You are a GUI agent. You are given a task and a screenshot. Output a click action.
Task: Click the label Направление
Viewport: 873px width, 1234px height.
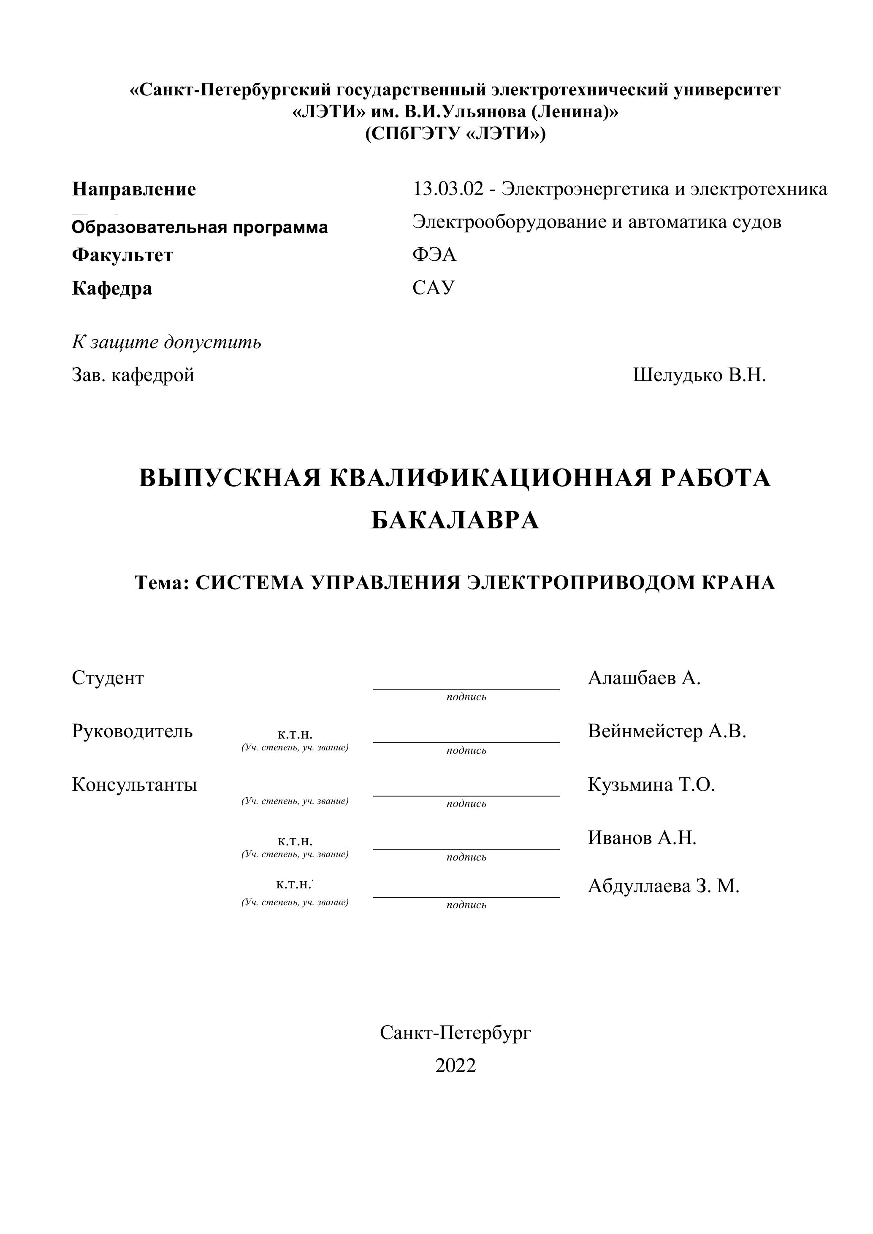click(x=134, y=189)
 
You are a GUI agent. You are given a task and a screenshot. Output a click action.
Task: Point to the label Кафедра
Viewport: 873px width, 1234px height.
click(x=112, y=288)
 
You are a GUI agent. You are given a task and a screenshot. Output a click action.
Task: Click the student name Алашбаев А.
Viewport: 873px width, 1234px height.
click(x=644, y=678)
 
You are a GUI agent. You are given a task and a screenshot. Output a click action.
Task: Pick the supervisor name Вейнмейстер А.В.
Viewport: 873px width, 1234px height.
click(x=667, y=731)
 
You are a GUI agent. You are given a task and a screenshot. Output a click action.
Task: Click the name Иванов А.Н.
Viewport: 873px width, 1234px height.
click(x=642, y=837)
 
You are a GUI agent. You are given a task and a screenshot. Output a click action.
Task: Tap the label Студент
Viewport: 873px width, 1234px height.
click(x=108, y=678)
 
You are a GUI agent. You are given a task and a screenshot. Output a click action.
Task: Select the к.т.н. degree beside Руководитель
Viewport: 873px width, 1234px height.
click(x=295, y=734)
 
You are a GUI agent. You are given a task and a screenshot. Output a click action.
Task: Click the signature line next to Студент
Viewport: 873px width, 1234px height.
click(x=466, y=688)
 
